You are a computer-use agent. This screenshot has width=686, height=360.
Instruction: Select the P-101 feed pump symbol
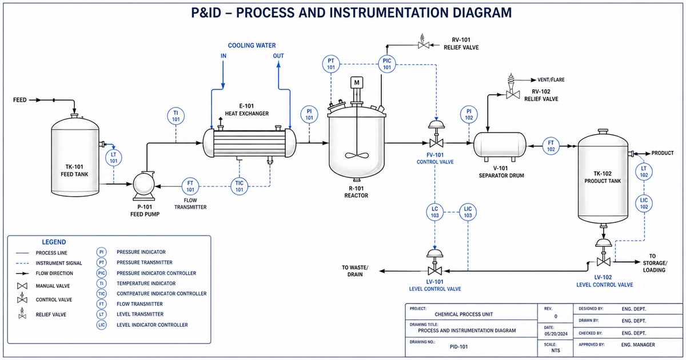click(x=143, y=185)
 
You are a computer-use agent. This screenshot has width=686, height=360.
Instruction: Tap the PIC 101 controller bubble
click(x=387, y=63)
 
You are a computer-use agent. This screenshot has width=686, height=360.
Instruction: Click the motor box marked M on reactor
click(x=357, y=82)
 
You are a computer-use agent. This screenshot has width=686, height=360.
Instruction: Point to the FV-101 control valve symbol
click(x=436, y=141)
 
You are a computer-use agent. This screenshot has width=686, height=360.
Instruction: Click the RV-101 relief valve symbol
click(x=424, y=45)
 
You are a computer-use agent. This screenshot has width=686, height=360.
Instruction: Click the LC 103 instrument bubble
click(x=434, y=212)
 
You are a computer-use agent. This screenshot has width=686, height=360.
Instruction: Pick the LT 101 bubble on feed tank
click(x=114, y=158)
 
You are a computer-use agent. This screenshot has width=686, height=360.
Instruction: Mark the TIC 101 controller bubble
click(x=240, y=186)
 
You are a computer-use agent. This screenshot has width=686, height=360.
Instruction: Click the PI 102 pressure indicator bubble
click(x=469, y=114)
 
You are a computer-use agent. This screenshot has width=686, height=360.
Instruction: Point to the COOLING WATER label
click(x=252, y=45)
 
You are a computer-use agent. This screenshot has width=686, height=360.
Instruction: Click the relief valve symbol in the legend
click(x=22, y=313)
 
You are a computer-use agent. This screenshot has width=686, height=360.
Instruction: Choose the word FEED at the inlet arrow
click(x=20, y=100)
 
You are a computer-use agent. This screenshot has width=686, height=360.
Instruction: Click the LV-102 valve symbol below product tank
click(x=602, y=260)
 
